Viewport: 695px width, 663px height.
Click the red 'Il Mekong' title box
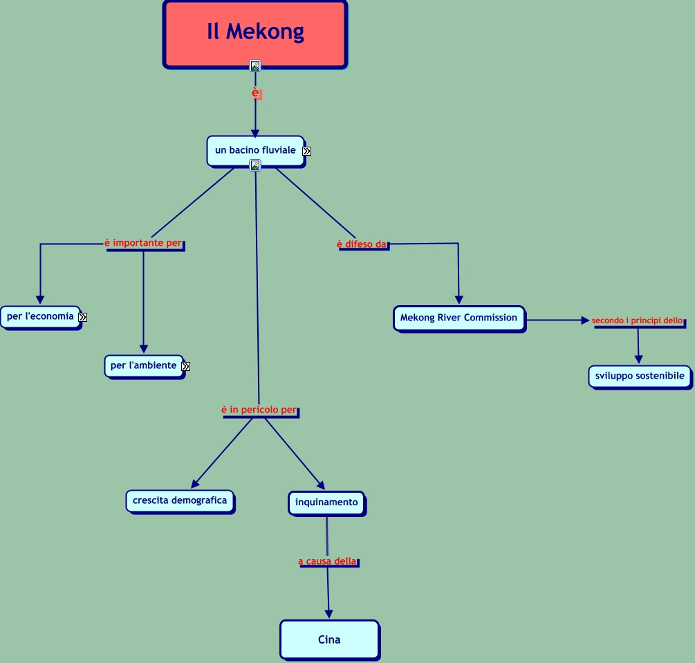[255, 35]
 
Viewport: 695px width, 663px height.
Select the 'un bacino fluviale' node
[256, 152]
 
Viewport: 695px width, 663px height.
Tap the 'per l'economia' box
[41, 318]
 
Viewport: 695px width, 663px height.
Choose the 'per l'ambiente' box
[144, 367]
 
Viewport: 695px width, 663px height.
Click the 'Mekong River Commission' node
[459, 318]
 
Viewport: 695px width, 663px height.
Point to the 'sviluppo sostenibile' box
[640, 377]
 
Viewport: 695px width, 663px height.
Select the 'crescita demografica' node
[180, 502]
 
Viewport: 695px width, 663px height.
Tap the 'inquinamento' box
[326, 503]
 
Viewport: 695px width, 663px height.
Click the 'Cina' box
[329, 640]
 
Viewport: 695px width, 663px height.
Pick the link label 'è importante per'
[143, 243]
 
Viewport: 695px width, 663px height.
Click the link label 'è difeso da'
[362, 244]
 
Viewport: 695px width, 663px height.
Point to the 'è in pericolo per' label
[259, 410]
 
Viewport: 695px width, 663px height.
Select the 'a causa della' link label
[328, 561]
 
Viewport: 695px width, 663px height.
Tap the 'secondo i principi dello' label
[638, 320]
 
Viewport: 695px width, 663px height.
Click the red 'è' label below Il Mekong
[255, 93]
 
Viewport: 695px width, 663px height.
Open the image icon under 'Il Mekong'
[255, 66]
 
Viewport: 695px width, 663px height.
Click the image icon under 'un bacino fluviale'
[255, 166]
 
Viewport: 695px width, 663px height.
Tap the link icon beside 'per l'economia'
[83, 318]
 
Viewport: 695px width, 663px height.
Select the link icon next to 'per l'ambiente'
[186, 367]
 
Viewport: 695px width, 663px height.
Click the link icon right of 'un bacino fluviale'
[307, 152]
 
